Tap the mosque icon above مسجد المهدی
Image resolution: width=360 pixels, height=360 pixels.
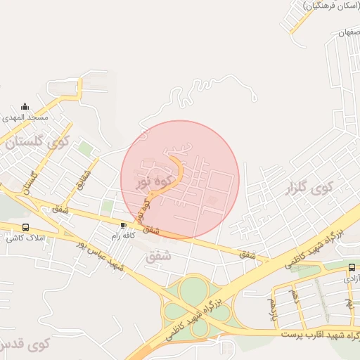tap(25, 105)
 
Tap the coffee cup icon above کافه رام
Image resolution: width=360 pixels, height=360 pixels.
tap(124, 225)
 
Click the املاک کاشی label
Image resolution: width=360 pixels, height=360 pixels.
tap(25, 238)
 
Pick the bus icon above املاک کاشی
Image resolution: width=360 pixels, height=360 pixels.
tap(26, 227)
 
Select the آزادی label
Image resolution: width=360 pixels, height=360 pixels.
tap(352, 278)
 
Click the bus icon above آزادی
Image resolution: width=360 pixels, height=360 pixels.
tap(352, 267)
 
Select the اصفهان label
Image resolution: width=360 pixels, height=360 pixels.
tap(349, 33)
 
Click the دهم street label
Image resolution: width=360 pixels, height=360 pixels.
tap(295, 297)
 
